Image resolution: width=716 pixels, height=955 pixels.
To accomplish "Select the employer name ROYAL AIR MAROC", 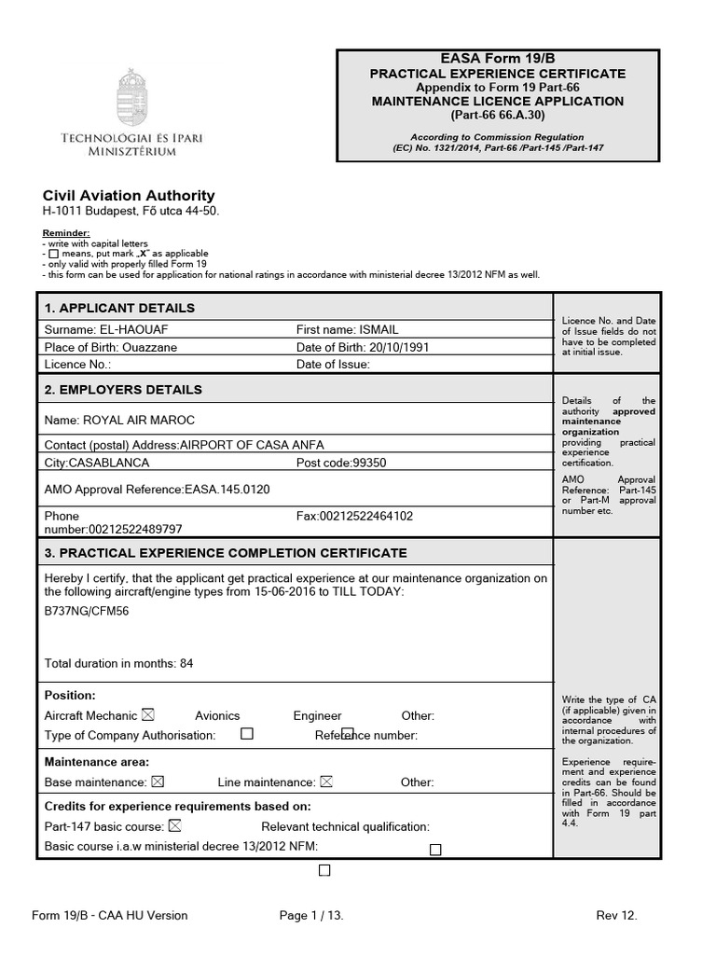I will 139,420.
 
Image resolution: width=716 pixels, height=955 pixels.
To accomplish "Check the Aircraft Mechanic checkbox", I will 147,715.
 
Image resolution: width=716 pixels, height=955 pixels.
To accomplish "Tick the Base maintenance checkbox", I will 157,782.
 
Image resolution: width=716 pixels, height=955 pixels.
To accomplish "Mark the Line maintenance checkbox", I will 325,782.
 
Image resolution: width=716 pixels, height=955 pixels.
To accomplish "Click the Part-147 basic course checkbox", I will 174,825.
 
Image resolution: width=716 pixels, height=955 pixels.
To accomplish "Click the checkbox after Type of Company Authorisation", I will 247,734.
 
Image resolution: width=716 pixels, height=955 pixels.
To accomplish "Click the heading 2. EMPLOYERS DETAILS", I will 123,390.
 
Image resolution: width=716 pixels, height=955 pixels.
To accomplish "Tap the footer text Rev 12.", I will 616,915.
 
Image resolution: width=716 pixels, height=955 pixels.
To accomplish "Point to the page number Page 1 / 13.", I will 311,915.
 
